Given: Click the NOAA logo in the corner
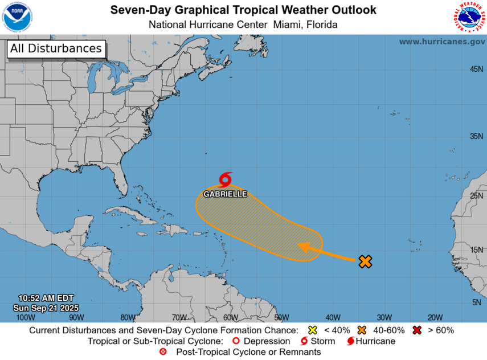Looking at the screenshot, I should (x=18, y=17).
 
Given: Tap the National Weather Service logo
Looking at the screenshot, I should (x=470, y=17).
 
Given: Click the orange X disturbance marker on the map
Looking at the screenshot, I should (x=365, y=261).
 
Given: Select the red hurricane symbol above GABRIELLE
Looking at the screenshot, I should (x=226, y=180).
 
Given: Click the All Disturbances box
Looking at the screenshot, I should (x=56, y=49).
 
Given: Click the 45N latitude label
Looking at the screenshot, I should (x=476, y=69).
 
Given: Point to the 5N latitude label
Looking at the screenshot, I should (x=477, y=302).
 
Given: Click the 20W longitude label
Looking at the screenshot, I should (x=435, y=317).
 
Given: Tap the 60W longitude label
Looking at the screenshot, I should (x=230, y=317).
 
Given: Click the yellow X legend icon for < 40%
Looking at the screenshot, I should (x=312, y=330).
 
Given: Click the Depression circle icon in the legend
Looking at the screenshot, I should (x=236, y=341).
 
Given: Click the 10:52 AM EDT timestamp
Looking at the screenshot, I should (x=46, y=298).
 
